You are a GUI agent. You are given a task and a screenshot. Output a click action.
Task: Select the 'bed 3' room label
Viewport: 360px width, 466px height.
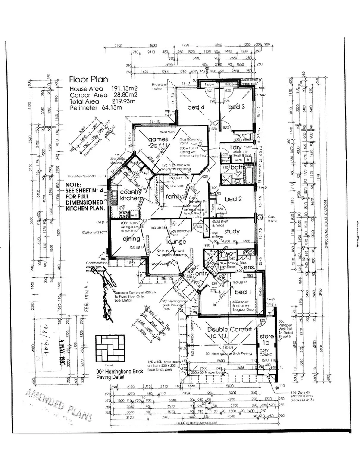[x=237, y=107]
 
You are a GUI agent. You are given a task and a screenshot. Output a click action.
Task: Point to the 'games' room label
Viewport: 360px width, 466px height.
[x=157, y=139]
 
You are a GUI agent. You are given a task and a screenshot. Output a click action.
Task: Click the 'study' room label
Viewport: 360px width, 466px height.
[x=232, y=231]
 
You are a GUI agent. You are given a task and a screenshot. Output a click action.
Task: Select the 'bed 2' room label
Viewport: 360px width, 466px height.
[x=233, y=199]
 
